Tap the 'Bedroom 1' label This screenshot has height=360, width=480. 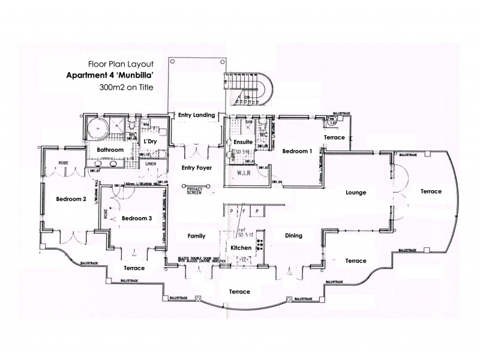[x=298, y=151]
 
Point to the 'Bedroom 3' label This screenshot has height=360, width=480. [x=137, y=218]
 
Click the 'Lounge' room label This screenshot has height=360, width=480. [x=356, y=193]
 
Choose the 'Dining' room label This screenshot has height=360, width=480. [x=293, y=236]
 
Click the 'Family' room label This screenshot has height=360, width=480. [x=197, y=236]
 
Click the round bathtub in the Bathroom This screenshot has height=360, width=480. [x=95, y=128]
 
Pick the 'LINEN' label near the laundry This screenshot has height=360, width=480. [x=151, y=163]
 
